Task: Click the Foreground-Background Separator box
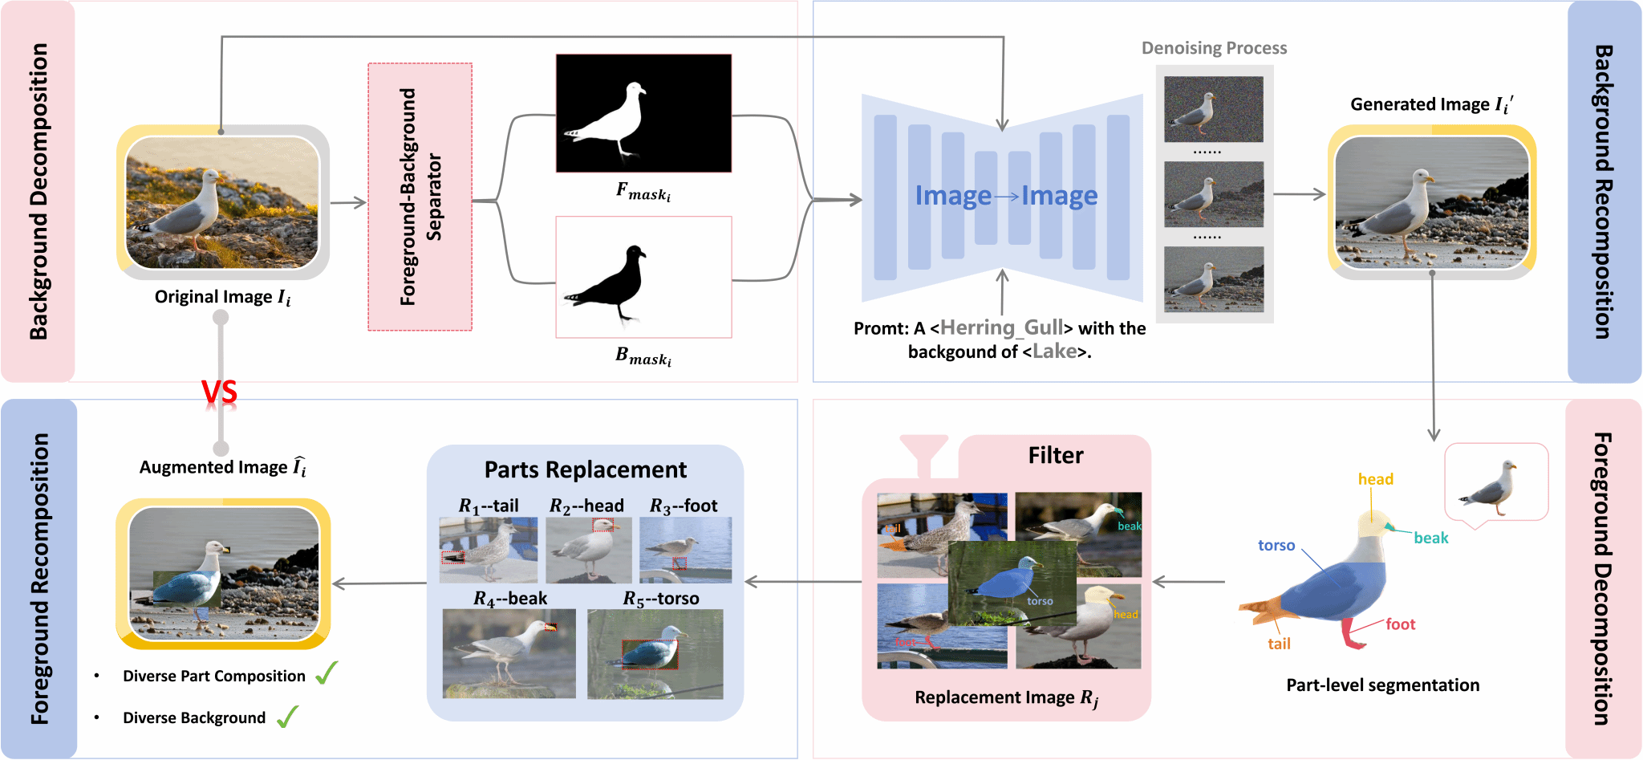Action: tap(420, 197)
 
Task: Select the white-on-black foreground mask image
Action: tap(643, 113)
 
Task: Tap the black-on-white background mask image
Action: tap(643, 277)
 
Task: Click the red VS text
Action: tap(219, 392)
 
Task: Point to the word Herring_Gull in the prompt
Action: tap(1001, 327)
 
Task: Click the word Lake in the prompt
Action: tap(1054, 352)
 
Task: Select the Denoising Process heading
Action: tap(1214, 48)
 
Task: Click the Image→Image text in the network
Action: tap(1006, 196)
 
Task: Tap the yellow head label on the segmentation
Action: tap(1375, 479)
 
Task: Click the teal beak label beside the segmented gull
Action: tap(1430, 538)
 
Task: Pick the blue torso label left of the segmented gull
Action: tap(1276, 546)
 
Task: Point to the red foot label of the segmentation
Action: tap(1400, 624)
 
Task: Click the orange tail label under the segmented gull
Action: tap(1279, 644)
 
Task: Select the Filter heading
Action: tap(1055, 456)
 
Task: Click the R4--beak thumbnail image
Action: tap(509, 653)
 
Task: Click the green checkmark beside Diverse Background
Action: tap(287, 717)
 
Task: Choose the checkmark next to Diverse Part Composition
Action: tap(327, 673)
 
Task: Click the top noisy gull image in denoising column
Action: tap(1213, 109)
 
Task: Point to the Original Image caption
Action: tap(222, 298)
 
